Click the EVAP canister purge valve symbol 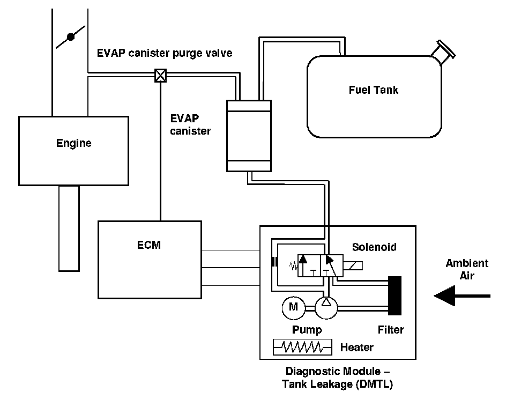(160, 76)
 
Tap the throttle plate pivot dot (71, 37)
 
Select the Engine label (74, 143)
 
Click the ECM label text (149, 245)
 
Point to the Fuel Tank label (374, 90)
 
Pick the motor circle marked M (293, 307)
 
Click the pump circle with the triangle (326, 307)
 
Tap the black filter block (395, 295)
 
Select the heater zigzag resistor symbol (302, 347)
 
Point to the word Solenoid (374, 247)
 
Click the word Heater (357, 348)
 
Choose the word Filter (390, 330)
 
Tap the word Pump (307, 330)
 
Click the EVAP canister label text (190, 124)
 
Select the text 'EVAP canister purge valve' (165, 53)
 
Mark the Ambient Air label (467, 270)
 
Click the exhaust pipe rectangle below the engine (69, 228)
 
